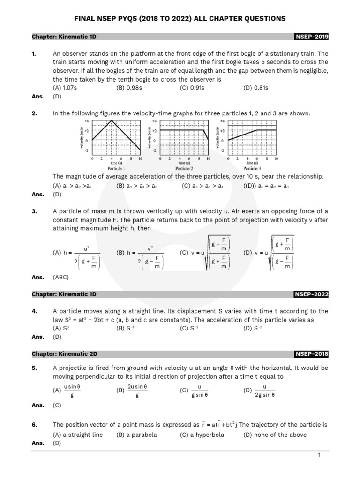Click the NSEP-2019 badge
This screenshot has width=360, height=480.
311,37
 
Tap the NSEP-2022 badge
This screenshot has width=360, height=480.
311,294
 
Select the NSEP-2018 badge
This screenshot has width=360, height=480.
311,354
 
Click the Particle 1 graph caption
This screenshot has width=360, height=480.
116,168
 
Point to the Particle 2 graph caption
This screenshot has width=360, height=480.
184,168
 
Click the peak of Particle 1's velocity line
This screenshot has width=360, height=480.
111,121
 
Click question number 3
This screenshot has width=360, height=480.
34,211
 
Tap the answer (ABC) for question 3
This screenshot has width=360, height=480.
61,277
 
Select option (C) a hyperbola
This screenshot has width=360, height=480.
202,435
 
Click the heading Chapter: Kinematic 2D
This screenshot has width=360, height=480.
64,354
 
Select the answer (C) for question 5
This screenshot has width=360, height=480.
57,405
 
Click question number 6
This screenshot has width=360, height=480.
34,425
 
